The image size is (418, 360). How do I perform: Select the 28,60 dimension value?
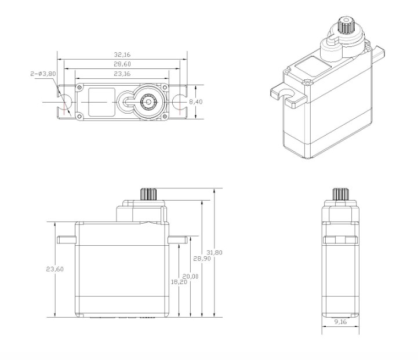[122, 63]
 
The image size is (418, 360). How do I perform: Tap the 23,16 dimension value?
[122, 74]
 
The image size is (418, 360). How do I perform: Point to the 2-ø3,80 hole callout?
[43, 74]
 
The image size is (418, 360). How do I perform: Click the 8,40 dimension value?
[196, 101]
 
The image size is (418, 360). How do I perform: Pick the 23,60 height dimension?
[54, 269]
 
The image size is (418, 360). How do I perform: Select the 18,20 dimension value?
[179, 281]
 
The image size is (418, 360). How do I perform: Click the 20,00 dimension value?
[191, 277]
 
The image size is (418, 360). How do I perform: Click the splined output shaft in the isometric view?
[345, 27]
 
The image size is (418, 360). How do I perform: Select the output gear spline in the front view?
[149, 194]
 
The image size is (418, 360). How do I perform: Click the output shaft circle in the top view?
[150, 101]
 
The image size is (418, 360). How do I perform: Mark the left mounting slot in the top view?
[66, 102]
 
